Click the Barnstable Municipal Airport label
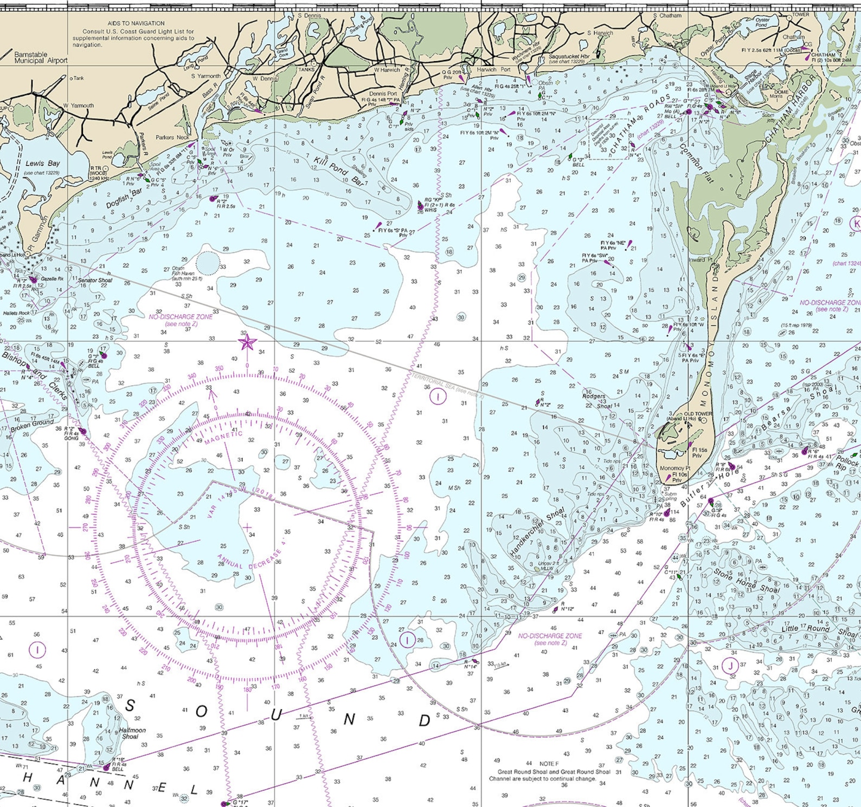41,57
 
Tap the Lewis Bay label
42,164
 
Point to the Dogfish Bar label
124,197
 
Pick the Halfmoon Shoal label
132,733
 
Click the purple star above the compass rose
247,342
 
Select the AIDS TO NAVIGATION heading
136,23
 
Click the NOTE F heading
549,764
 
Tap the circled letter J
730,666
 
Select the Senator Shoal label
95,280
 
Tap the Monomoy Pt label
674,468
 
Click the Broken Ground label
33,426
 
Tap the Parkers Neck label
172,137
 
